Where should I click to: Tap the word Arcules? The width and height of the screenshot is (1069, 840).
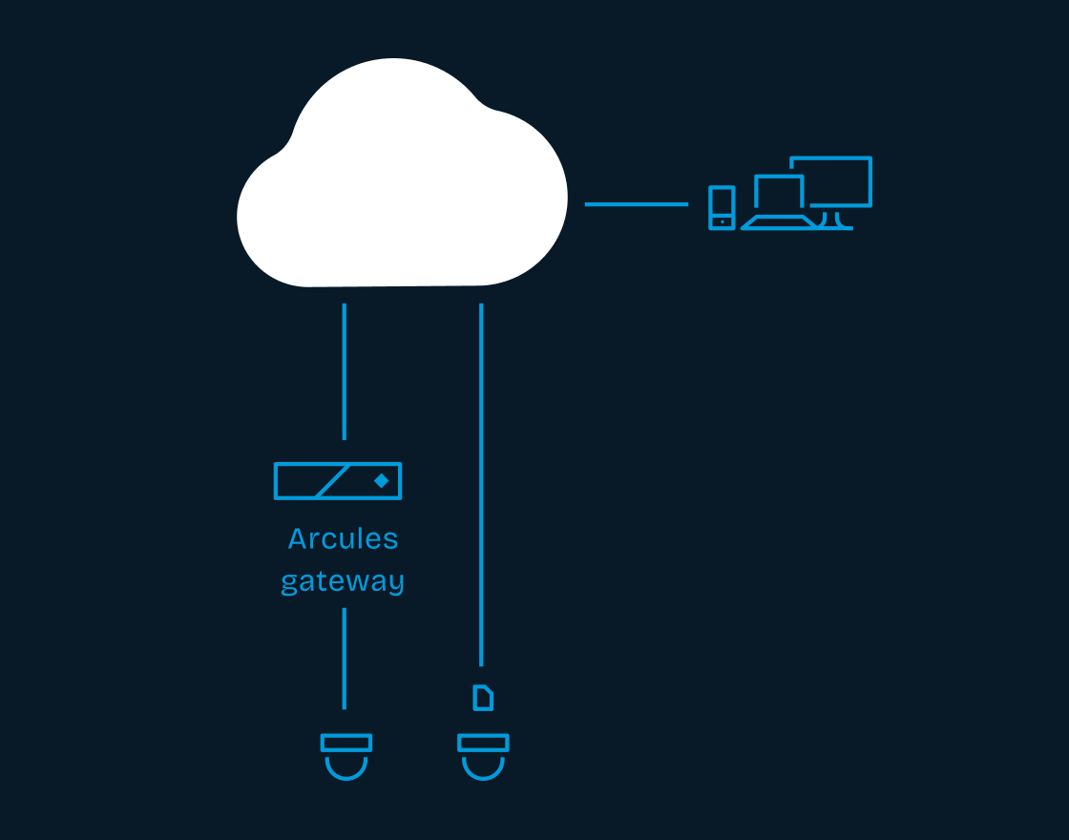[x=343, y=539]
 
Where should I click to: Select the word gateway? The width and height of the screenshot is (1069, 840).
[x=343, y=581]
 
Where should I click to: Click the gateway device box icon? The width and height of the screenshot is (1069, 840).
[x=338, y=480]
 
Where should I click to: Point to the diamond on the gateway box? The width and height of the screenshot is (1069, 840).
[x=381, y=480]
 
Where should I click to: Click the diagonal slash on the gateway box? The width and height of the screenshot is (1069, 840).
[x=331, y=481]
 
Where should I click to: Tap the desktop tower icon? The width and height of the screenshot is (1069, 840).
[x=722, y=207]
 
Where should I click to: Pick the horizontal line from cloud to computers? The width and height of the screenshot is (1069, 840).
[x=636, y=203]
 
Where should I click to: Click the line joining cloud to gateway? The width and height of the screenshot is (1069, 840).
[x=345, y=371]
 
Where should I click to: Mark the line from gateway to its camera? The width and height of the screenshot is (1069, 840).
[x=345, y=659]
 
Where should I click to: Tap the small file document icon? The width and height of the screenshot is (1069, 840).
[x=484, y=698]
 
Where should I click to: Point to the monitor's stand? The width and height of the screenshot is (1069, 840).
[x=837, y=220]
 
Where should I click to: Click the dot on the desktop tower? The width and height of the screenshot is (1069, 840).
[x=723, y=221]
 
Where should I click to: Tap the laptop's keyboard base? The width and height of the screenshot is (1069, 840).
[x=779, y=222]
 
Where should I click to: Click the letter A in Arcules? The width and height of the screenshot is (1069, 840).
[x=299, y=539]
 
